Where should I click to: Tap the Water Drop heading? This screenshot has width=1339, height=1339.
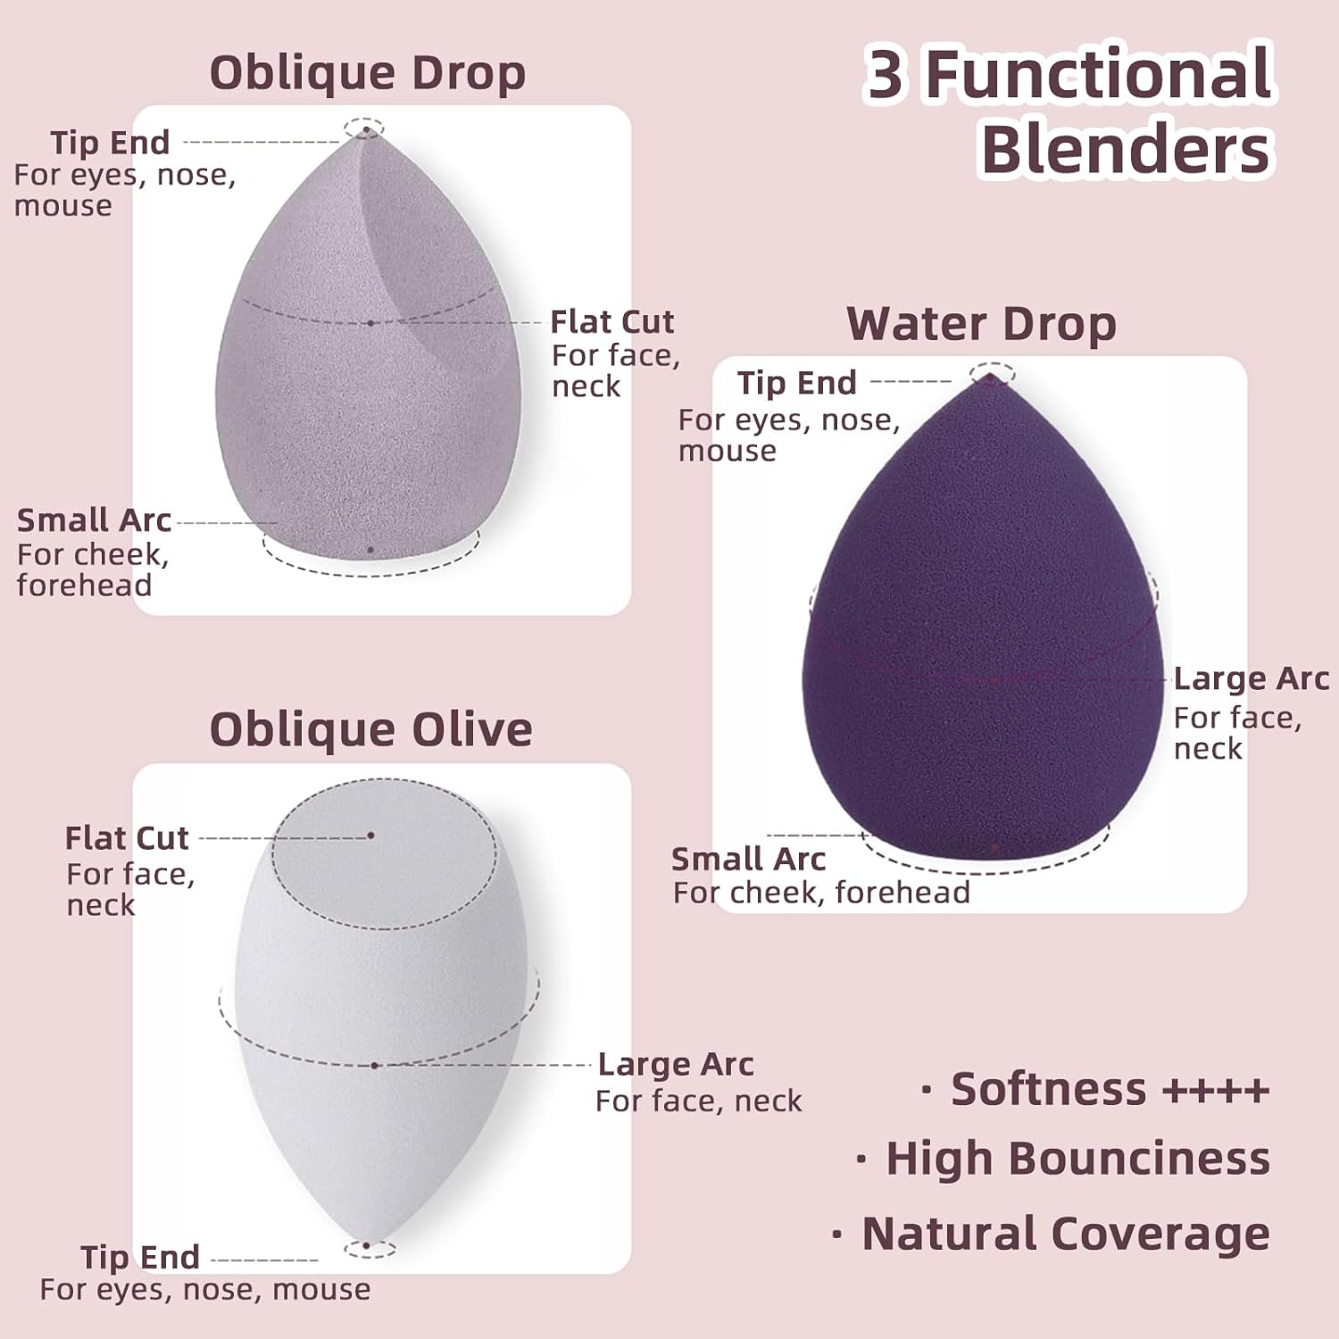coord(981,324)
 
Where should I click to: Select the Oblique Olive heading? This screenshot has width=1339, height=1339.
coord(370,730)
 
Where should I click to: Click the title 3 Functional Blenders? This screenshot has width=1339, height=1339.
coord(1069,111)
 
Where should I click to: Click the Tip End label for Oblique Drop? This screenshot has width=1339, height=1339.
coord(110,143)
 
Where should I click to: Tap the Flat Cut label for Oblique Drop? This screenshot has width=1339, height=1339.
coord(611,321)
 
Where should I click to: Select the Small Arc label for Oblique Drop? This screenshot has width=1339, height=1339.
coord(94,520)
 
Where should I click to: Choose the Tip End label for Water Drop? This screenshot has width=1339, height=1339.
coord(796,383)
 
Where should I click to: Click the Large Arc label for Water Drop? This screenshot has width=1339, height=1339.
coord(1252,678)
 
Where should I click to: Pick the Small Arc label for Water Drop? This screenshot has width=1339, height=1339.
coord(748,859)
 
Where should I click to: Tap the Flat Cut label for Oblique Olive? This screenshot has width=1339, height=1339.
coord(127,838)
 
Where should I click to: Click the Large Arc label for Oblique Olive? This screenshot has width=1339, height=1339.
coord(676,1064)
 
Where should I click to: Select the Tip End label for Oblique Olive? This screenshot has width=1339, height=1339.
coord(140,1257)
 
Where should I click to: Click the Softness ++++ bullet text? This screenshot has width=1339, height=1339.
coord(1095,1089)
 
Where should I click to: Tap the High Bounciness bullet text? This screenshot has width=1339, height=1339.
coord(1062,1159)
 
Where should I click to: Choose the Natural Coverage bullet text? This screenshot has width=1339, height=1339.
coord(1051,1234)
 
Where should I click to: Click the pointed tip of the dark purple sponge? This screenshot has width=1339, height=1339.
coord(991,378)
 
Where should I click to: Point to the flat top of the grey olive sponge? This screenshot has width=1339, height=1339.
coord(384,852)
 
